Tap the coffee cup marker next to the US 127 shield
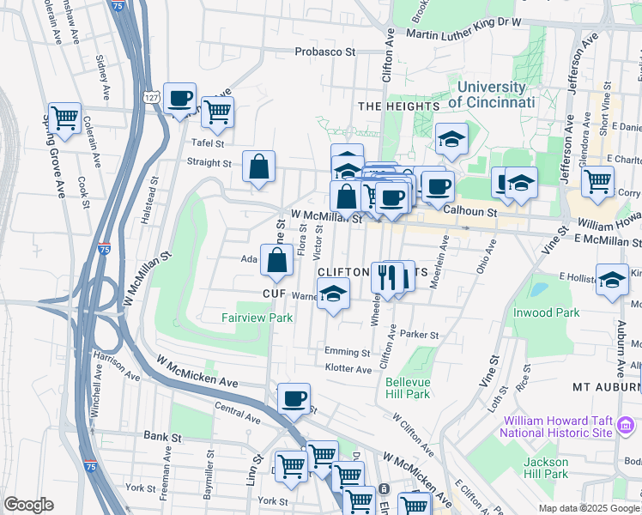179,100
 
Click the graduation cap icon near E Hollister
612,281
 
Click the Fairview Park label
257,318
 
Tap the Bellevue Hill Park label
407,388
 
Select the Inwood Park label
546,313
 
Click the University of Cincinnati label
492,94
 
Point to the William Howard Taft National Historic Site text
558,427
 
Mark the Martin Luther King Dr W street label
463,34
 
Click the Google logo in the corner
28,505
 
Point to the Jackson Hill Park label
546,468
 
